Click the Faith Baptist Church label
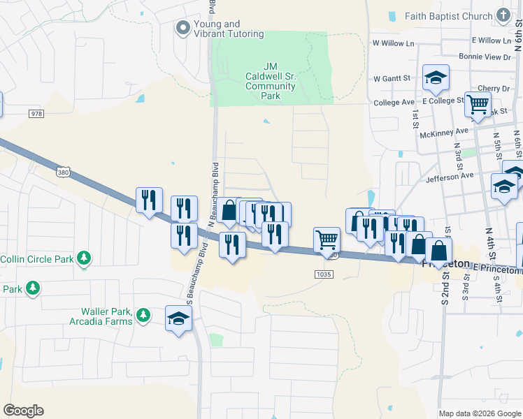click(x=452, y=15)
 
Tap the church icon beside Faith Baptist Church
click(x=503, y=15)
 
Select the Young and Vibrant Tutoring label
click(x=229, y=29)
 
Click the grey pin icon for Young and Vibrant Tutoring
click(x=183, y=29)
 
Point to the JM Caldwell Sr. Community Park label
click(x=271, y=81)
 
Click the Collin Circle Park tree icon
click(x=84, y=259)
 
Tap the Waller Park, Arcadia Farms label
click(x=101, y=316)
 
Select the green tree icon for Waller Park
click(x=143, y=316)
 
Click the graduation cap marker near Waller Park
click(x=179, y=319)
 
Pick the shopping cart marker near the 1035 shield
click(x=327, y=240)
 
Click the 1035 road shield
click(x=324, y=274)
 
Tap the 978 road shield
click(x=36, y=114)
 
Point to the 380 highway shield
click(x=64, y=171)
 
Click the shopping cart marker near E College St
click(x=478, y=105)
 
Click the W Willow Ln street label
click(x=394, y=43)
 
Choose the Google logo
click(x=23, y=411)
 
